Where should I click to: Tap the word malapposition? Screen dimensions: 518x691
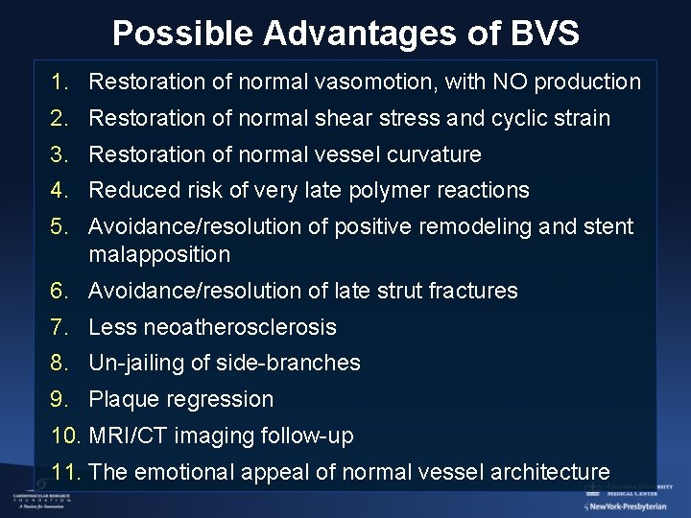tap(159, 255)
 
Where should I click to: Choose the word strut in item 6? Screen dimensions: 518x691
tap(389, 291)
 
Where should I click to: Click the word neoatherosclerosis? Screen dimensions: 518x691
tap(240, 327)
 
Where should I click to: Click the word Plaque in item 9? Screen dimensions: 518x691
tap(121, 400)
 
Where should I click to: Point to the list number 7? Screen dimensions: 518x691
tap(60, 327)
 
